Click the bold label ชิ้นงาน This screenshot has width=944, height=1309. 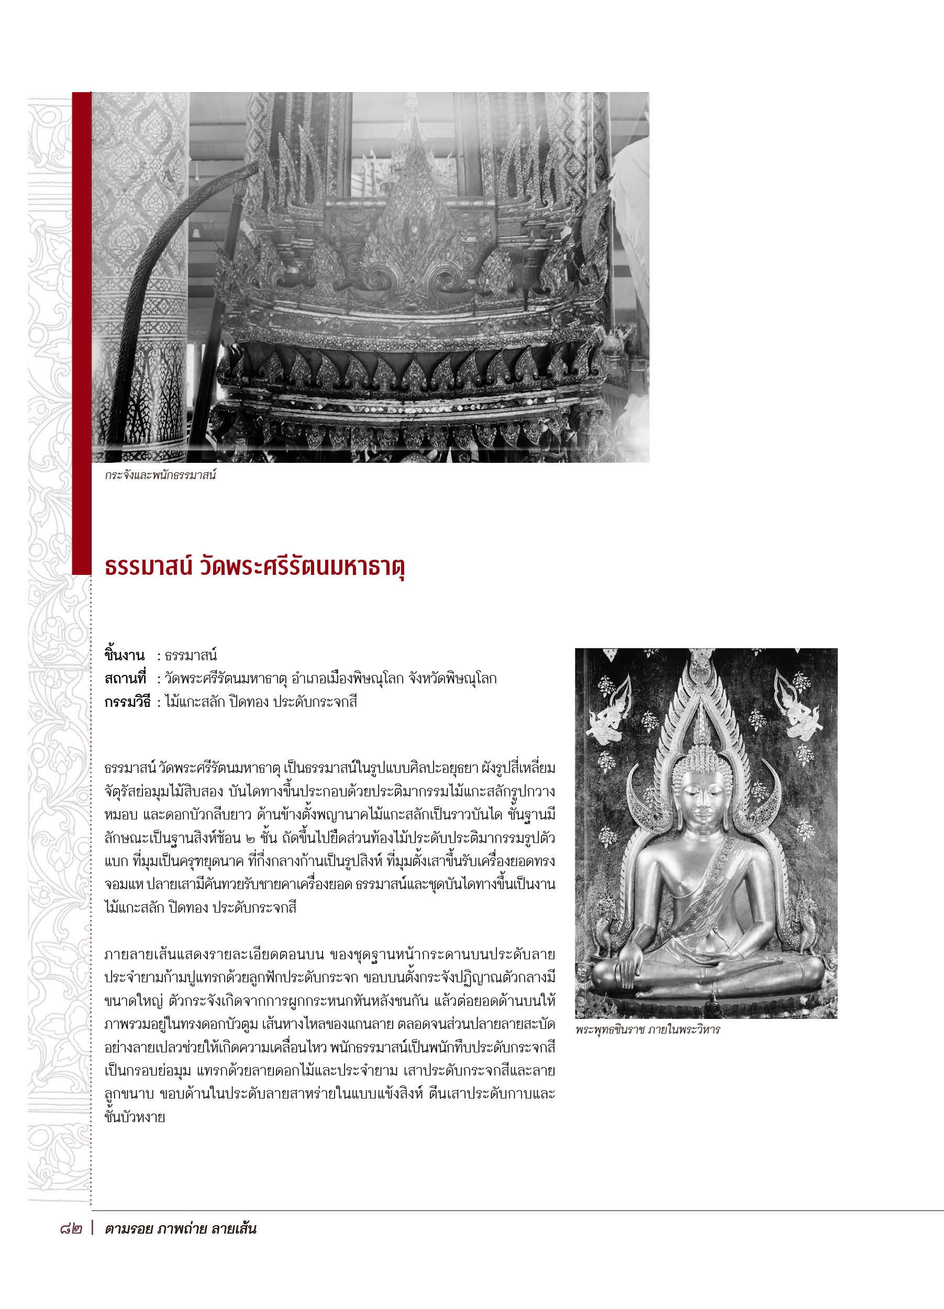126,656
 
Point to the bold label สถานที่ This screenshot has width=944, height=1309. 126,679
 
